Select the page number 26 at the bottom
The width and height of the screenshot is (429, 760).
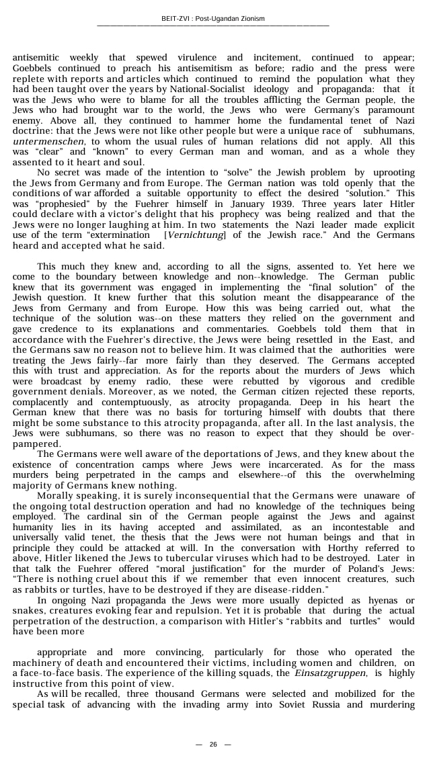(x=213, y=744)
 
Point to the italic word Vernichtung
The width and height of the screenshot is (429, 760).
(x=195, y=235)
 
